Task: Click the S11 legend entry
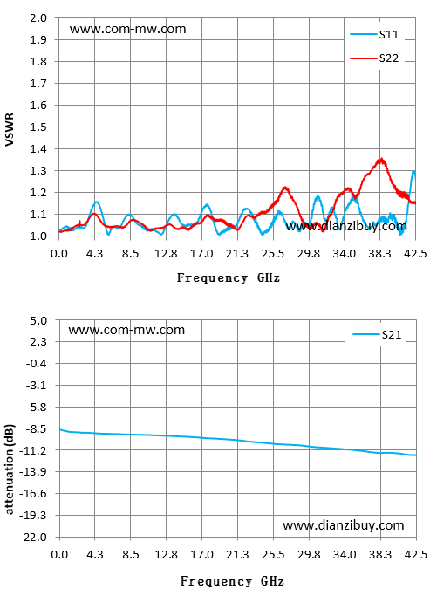point(375,35)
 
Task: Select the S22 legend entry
point(375,58)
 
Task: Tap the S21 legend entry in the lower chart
point(378,334)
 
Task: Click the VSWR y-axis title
point(9,129)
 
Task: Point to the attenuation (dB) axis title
point(9,469)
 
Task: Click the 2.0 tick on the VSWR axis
point(38,18)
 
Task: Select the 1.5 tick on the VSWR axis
point(38,127)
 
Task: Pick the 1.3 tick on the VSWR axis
point(38,170)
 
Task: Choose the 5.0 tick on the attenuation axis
point(38,320)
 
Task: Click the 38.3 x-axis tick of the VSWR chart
point(379,254)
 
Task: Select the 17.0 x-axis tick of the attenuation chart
point(201,555)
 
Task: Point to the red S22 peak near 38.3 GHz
point(382,160)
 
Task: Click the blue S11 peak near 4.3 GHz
point(97,202)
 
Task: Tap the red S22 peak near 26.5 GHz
point(285,188)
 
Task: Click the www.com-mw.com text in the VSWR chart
point(127,30)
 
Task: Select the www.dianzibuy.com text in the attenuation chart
point(344,525)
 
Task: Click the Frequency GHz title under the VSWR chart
point(229,278)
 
